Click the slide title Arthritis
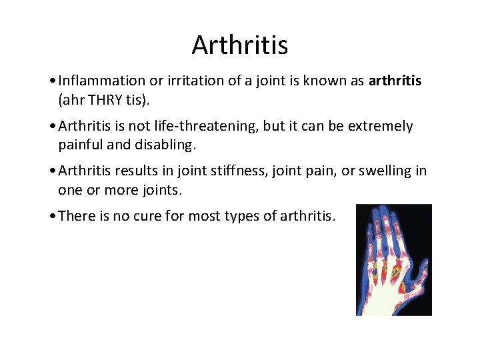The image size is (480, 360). coord(240,45)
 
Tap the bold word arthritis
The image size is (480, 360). coord(395,81)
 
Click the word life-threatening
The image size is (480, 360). coord(208,127)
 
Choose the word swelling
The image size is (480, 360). coord(385,171)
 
